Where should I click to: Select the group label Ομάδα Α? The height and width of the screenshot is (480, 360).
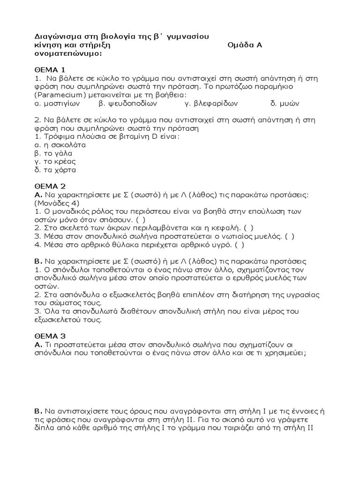(245, 45)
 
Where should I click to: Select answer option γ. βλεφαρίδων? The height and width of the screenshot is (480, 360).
(212, 103)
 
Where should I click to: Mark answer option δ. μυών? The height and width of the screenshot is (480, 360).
(285, 103)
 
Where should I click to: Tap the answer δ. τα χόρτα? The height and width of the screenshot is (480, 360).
(55, 170)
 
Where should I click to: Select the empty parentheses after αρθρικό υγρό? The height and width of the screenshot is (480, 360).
(239, 244)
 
